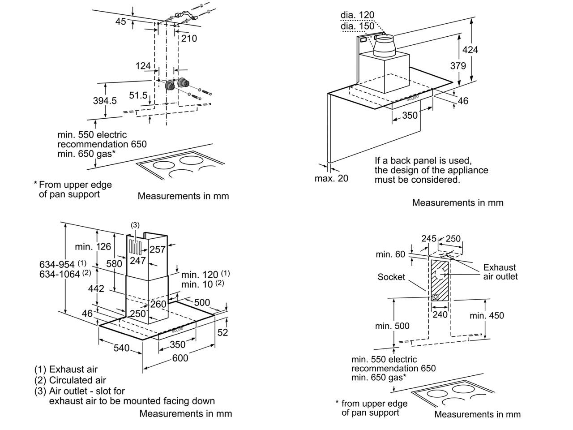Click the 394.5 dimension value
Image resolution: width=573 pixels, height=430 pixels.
tap(105, 101)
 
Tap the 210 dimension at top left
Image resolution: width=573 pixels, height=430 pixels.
tap(189, 39)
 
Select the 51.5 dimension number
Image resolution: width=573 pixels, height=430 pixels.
tap(138, 95)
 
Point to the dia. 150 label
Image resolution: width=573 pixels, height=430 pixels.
tap(357, 26)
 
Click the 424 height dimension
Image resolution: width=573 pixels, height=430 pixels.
tap(470, 50)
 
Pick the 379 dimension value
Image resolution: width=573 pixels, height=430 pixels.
tap(458, 66)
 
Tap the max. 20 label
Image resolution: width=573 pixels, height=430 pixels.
tap(331, 178)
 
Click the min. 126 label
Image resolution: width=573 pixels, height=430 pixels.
tap(93, 246)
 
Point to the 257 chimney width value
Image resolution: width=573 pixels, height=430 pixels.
tap(157, 249)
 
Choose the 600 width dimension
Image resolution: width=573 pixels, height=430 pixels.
tap(180, 357)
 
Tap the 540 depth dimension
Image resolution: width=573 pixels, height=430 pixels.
tap(121, 348)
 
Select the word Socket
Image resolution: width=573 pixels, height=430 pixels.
tap(391, 277)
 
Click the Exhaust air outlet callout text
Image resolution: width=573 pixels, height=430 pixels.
tap(500, 272)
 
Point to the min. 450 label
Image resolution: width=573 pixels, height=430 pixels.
tap(487, 315)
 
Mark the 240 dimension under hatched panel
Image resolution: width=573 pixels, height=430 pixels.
tap(440, 314)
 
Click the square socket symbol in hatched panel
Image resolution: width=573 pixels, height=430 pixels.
tap(435, 297)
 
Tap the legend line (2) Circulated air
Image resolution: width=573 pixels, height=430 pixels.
tap(70, 380)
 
